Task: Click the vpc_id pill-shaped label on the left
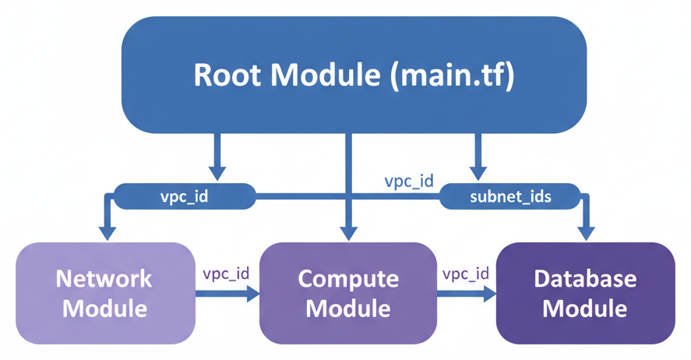pyautogui.click(x=185, y=196)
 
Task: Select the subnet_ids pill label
pyautogui.click(x=510, y=196)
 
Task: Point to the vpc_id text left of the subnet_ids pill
pyautogui.click(x=408, y=181)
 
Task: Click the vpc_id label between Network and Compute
pyautogui.click(x=226, y=274)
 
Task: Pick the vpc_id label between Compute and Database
pyautogui.click(x=466, y=274)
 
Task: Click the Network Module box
pyautogui.click(x=104, y=293)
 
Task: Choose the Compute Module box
pyautogui.click(x=347, y=293)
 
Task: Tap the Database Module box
pyautogui.click(x=585, y=293)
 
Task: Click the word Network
pyautogui.click(x=104, y=279)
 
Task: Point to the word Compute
pyautogui.click(x=347, y=279)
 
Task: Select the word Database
pyautogui.click(x=585, y=279)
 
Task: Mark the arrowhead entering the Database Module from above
pyautogui.click(x=585, y=232)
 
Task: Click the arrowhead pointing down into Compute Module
pyautogui.click(x=349, y=232)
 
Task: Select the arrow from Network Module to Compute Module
pyautogui.click(x=227, y=294)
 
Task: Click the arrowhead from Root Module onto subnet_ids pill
pyautogui.click(x=478, y=172)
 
